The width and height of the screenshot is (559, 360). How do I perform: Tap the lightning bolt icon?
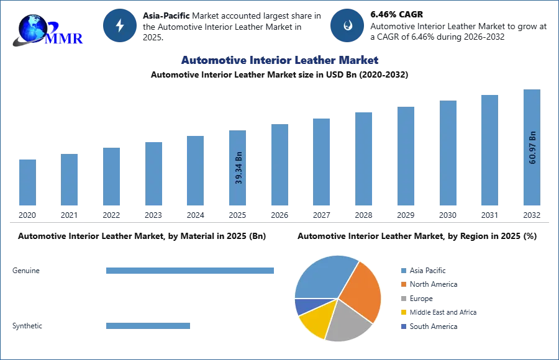click(x=120, y=25)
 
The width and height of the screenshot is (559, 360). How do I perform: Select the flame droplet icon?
click(x=347, y=25)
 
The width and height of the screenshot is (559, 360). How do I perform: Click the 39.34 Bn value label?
click(x=239, y=168)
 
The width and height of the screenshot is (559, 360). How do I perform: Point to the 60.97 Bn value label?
click(x=532, y=147)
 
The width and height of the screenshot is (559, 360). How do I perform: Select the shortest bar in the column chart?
click(x=27, y=183)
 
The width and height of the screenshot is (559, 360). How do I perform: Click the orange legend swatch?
click(x=403, y=284)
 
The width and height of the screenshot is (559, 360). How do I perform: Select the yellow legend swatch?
click(x=403, y=313)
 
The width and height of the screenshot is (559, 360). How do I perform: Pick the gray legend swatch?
click(x=403, y=299)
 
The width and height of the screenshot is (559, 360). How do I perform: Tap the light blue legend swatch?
click(x=403, y=270)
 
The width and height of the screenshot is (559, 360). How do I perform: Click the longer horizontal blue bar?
click(x=191, y=270)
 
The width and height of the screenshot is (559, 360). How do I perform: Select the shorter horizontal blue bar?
click(x=148, y=327)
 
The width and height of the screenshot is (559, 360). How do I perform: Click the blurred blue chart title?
click(x=280, y=60)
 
